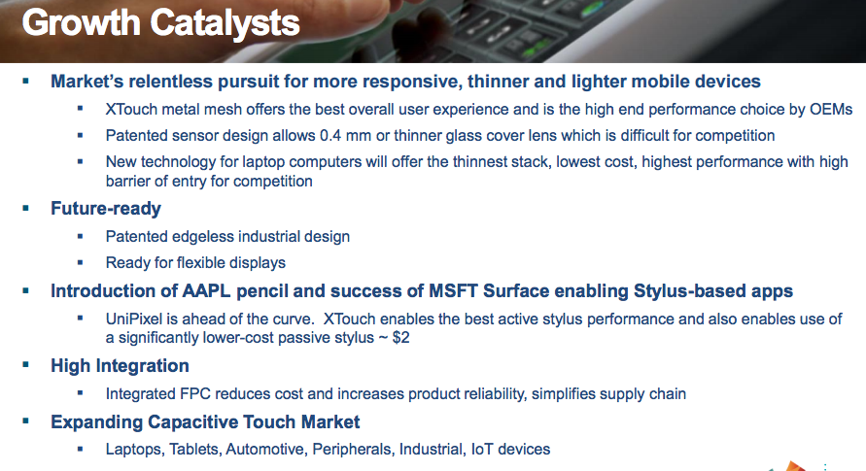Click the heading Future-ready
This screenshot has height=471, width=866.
(x=106, y=208)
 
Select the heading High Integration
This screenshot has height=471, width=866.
(x=120, y=366)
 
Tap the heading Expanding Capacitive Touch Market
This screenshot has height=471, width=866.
(x=205, y=421)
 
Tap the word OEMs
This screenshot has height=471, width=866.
(x=829, y=109)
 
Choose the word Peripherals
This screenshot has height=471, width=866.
(x=354, y=449)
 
